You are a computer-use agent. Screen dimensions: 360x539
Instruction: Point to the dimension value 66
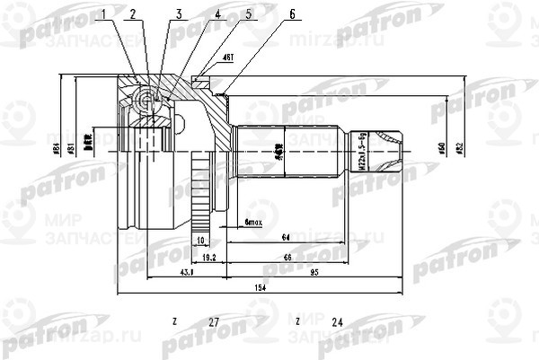pyautogui.click(x=287, y=257)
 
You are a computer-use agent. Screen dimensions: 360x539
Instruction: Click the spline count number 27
pyautogui.click(x=213, y=321)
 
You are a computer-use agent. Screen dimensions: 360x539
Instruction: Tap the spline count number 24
pyautogui.click(x=337, y=321)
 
